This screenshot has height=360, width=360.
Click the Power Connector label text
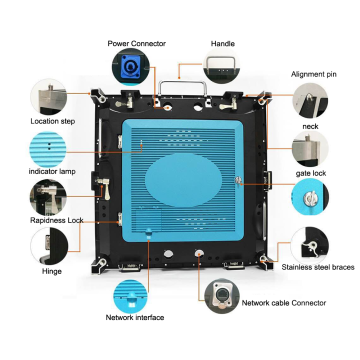point(137,44)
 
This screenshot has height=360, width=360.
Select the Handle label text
point(223,44)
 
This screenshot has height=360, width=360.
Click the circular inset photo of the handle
point(221,66)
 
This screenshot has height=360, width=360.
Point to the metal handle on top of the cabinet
point(183,87)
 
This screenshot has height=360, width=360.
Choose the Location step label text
point(53,121)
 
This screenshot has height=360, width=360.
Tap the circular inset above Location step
point(49,97)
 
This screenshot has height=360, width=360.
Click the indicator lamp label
point(52,172)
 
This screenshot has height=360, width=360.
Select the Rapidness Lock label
point(57,220)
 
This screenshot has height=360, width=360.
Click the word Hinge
point(52,271)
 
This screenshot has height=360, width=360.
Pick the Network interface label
point(135,317)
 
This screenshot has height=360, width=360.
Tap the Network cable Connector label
point(284,303)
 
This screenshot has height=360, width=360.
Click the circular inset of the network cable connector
point(222,296)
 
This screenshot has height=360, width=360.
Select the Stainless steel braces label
point(318,267)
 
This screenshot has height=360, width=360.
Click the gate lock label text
point(311,173)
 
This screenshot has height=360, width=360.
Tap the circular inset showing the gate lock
point(310,197)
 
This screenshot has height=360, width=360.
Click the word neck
point(310,127)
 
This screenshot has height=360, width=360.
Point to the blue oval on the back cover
point(183,180)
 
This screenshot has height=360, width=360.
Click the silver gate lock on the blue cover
point(238,181)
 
